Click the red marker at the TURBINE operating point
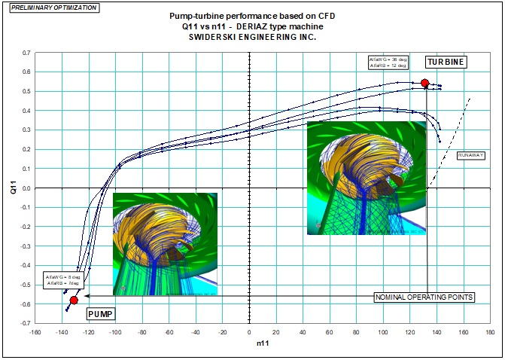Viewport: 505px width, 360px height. [425, 83]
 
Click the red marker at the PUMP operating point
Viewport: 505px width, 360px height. [74, 300]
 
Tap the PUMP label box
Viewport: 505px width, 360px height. [100, 313]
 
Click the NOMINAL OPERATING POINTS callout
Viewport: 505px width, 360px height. [424, 297]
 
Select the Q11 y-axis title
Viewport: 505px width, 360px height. [11, 188]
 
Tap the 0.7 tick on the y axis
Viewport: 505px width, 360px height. [26, 53]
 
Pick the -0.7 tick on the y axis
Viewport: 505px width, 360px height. [25, 323]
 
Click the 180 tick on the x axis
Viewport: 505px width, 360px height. [490, 331]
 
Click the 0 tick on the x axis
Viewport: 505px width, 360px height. [249, 331]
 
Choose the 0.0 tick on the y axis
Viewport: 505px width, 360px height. [26, 188]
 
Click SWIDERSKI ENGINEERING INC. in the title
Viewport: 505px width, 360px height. [252, 37]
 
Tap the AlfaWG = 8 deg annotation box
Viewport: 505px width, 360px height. [62, 279]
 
